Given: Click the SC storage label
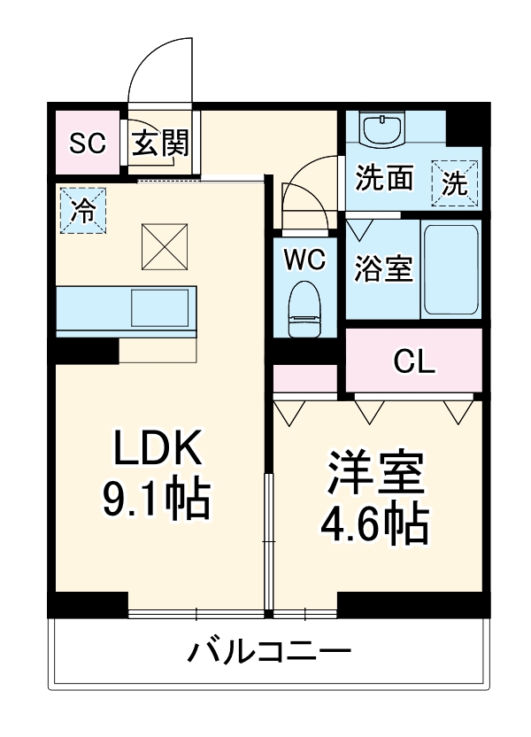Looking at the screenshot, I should tap(88, 143).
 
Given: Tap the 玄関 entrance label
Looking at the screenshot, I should tap(161, 143).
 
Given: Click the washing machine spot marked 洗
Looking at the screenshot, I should tap(455, 182).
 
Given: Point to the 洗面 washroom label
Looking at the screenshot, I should tap(384, 179).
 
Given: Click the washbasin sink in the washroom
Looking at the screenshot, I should tap(383, 130).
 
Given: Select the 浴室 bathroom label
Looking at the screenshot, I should tap(384, 268).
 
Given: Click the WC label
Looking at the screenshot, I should tap(305, 260).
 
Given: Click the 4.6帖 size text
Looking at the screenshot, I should tap(375, 525).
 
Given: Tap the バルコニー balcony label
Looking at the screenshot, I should tap(269, 655).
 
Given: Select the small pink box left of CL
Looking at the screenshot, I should tap(305, 377).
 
